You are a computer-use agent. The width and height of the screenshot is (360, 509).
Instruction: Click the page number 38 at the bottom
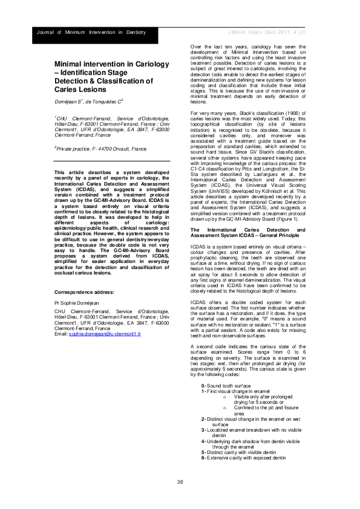point(180,481)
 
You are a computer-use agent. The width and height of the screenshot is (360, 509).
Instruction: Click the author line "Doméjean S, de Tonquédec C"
point(89,102)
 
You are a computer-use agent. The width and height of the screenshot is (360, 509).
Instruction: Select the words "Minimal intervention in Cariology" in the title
point(106,63)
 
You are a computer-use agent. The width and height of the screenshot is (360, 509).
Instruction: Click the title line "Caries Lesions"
point(80,88)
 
